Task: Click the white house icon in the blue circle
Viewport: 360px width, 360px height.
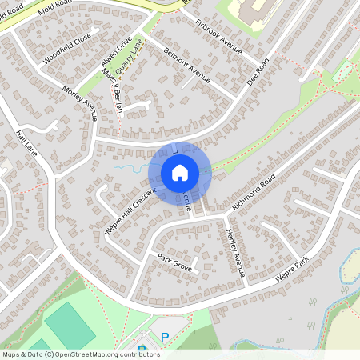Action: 179,172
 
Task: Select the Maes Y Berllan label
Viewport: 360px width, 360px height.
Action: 112,92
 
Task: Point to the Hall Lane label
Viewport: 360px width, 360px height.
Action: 25,145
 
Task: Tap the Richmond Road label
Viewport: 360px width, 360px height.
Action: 254,191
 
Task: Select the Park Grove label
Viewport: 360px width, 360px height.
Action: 174,263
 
